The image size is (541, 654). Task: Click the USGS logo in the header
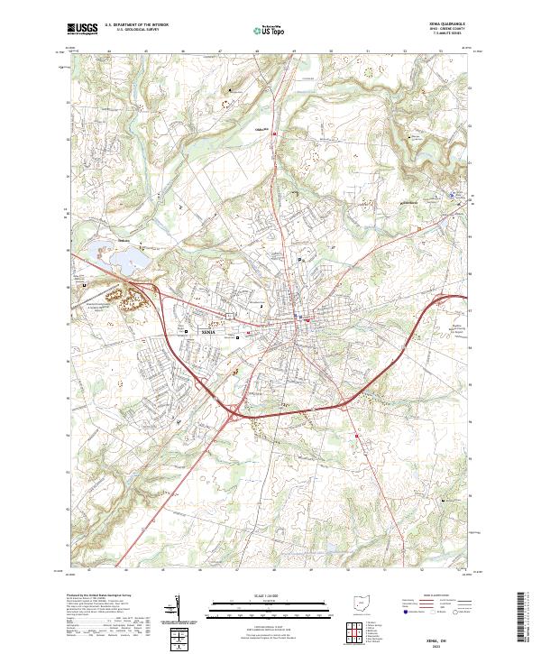tap(82, 29)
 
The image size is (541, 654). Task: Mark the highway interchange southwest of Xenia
tap(233, 412)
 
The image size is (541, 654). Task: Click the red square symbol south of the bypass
tap(357, 437)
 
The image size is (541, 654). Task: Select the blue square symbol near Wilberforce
tap(453, 192)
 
